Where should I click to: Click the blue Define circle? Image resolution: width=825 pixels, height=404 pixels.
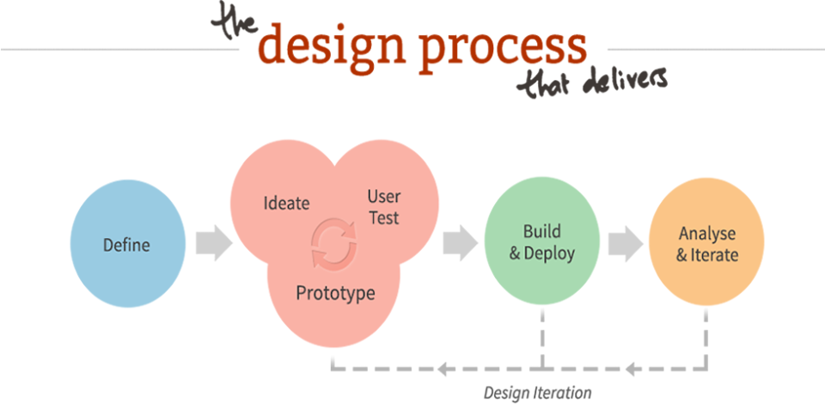point(128,243)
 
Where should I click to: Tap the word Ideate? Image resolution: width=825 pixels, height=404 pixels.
point(286,203)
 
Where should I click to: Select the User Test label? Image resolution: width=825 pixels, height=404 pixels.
point(383,207)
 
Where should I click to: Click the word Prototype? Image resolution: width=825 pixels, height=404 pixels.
point(336,292)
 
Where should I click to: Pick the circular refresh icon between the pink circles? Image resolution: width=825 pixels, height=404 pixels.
point(333,242)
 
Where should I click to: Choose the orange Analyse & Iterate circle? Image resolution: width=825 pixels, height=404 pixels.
point(706,242)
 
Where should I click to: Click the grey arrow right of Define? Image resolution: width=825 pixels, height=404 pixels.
point(214,243)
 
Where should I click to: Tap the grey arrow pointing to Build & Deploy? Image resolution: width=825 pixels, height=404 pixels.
point(460,242)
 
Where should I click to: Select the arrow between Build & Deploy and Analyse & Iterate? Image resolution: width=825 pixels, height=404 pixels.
point(626,243)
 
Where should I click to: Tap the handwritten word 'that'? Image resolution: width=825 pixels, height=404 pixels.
point(547,85)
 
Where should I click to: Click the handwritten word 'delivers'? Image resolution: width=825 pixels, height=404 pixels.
point(625,82)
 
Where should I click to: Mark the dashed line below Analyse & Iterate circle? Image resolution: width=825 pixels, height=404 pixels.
point(706,339)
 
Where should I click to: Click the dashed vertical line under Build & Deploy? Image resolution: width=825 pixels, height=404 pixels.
point(542,339)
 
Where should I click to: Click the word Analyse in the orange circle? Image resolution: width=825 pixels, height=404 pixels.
point(706,232)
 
